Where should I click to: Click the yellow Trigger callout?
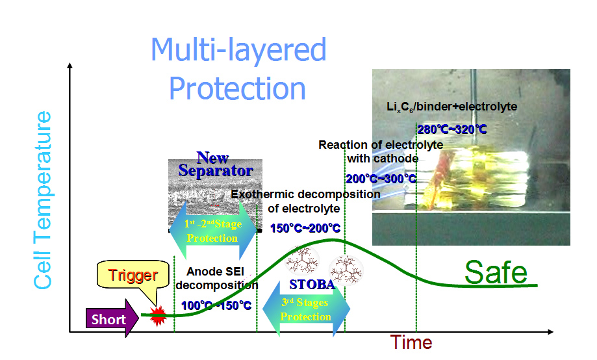tap(133, 276)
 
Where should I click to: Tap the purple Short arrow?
tap(110, 320)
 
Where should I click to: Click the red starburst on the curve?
tap(157, 317)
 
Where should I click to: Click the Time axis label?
tap(411, 342)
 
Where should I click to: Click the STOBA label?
tap(312, 285)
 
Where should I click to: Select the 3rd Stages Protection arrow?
tap(305, 310)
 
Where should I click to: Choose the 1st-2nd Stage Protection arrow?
tap(212, 231)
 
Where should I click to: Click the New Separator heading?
tap(216, 164)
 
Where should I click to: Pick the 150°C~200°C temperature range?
tap(305, 228)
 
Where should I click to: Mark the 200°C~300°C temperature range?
tap(381, 179)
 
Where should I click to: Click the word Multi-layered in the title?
tap(238, 50)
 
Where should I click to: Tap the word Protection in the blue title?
tap(238, 88)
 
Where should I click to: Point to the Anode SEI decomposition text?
tap(217, 278)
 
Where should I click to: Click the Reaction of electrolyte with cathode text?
tap(381, 151)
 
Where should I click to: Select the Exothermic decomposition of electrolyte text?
tap(305, 201)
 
